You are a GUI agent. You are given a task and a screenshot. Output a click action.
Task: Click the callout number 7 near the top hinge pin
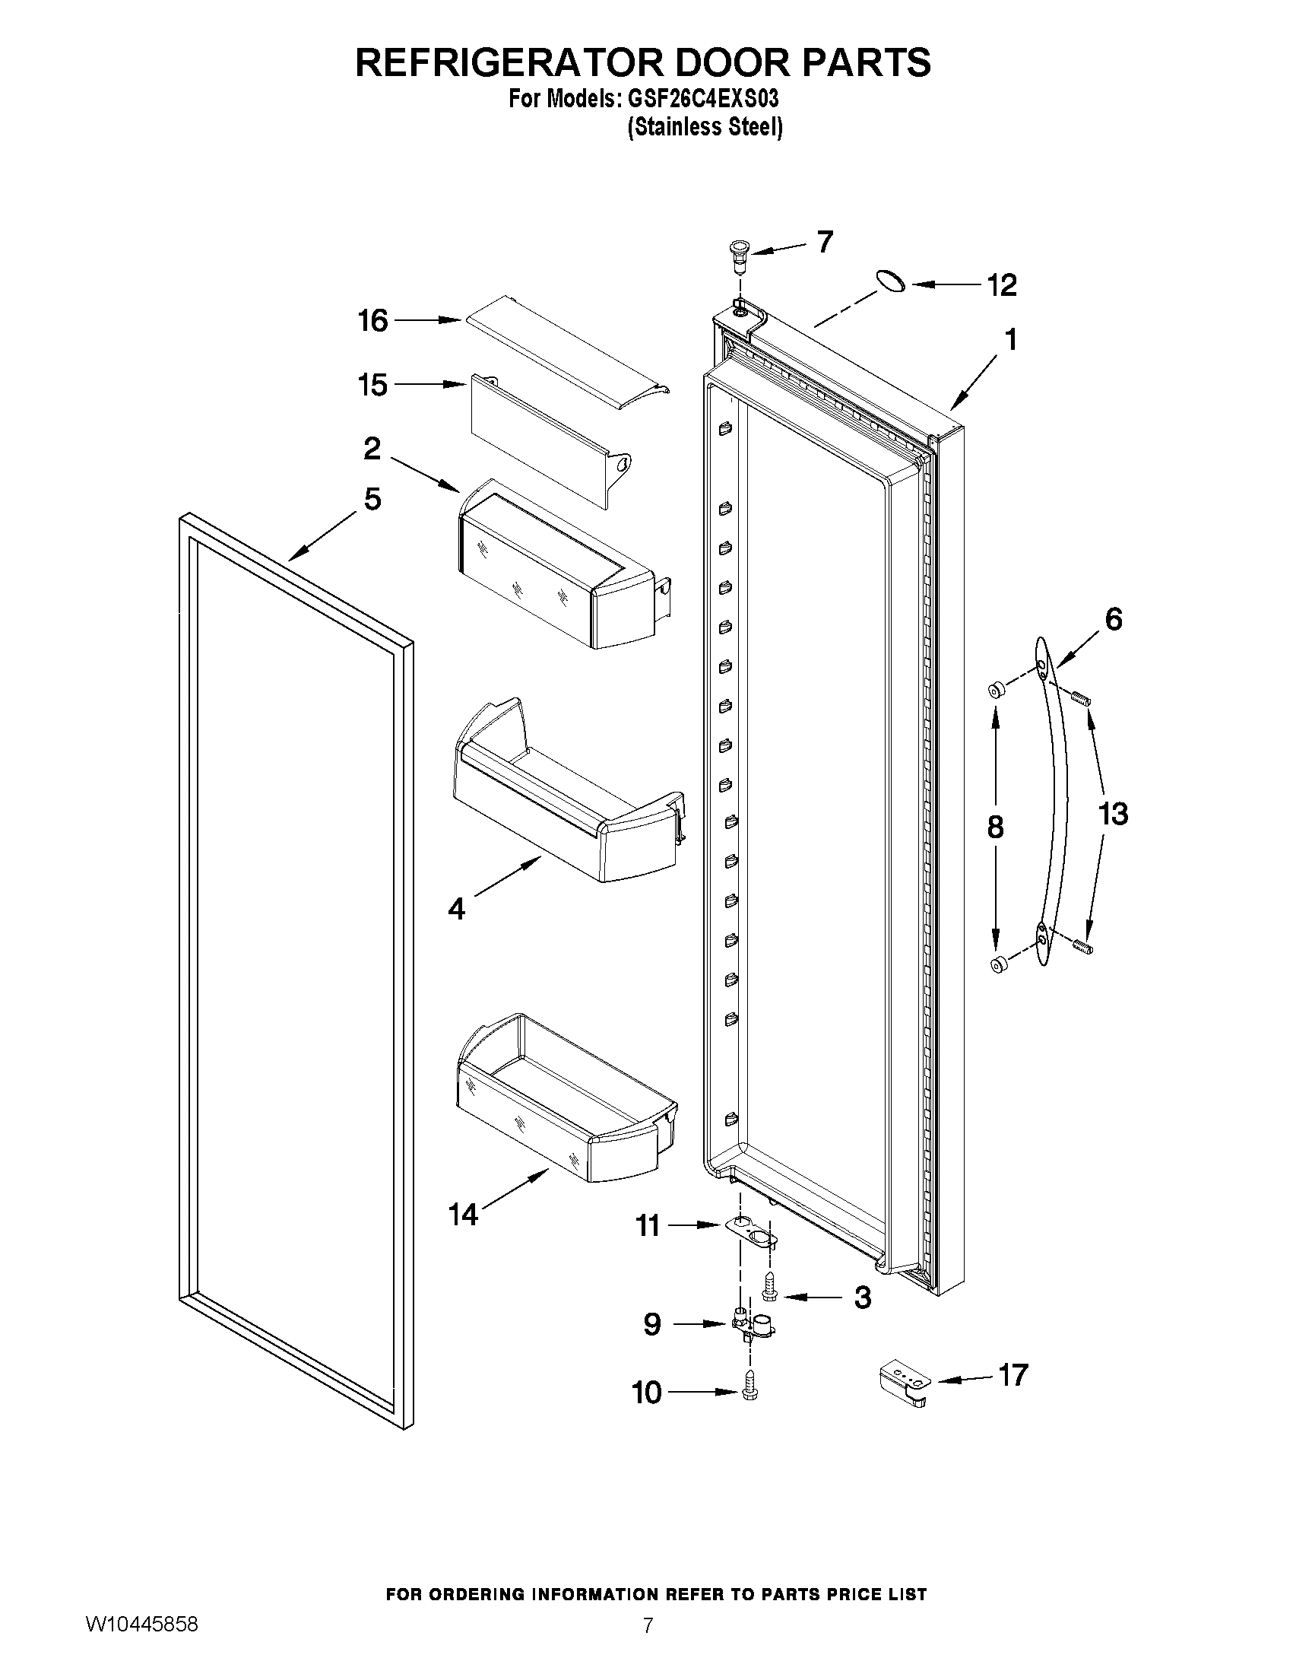click(824, 242)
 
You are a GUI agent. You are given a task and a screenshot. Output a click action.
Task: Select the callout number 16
click(373, 320)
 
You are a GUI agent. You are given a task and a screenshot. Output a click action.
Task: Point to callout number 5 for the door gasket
click(372, 499)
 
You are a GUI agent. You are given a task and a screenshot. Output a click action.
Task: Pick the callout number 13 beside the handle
click(1113, 813)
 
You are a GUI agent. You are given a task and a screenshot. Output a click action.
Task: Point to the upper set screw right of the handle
click(1081, 698)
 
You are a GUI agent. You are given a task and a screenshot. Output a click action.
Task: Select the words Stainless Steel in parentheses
click(705, 127)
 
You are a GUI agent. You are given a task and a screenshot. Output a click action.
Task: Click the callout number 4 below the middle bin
click(457, 909)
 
